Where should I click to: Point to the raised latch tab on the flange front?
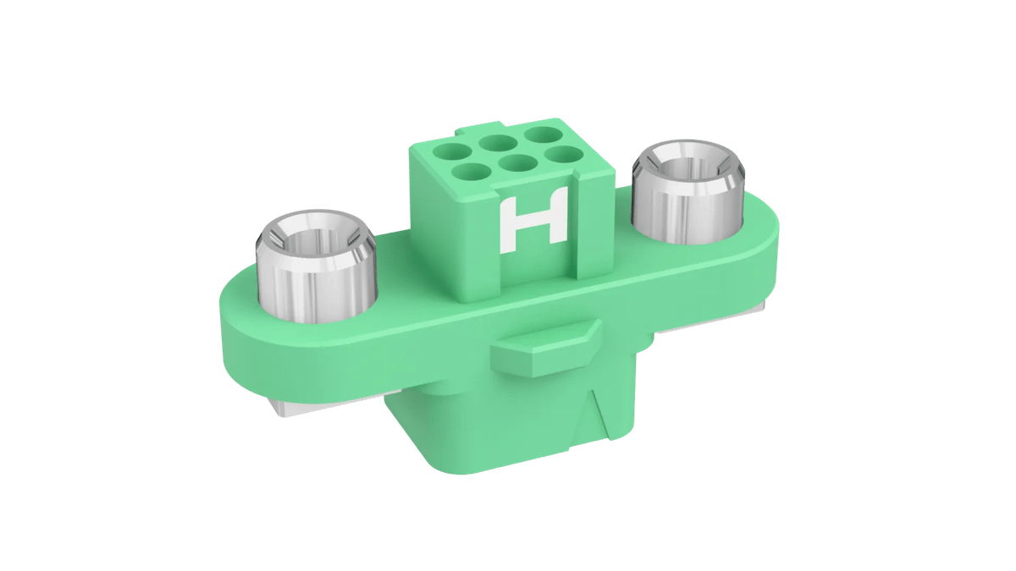click(545, 348)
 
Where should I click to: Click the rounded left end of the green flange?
click(241, 330)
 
